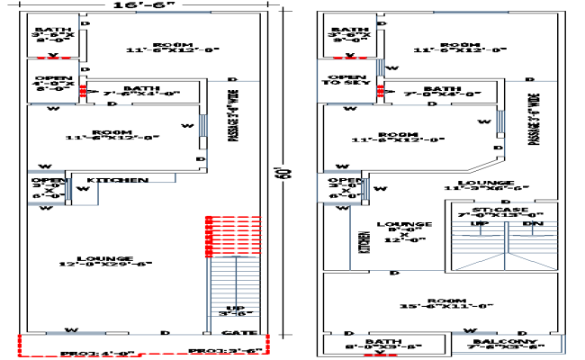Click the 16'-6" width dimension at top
(x=143, y=6)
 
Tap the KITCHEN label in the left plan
(x=117, y=181)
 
